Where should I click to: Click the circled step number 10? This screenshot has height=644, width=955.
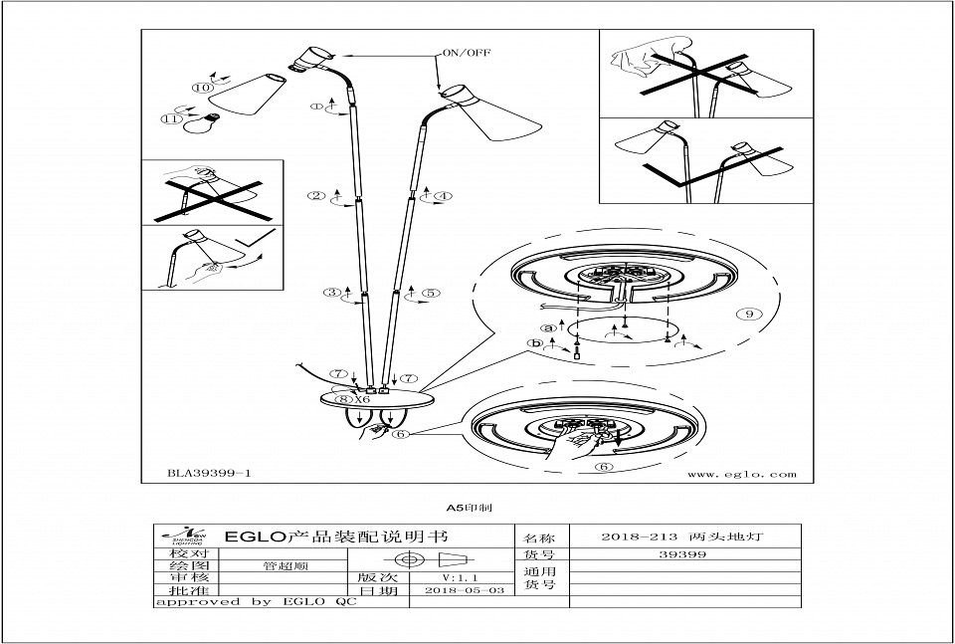(x=203, y=88)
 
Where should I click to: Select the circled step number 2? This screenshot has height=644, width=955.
(x=316, y=196)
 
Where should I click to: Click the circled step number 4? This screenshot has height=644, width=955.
(x=443, y=196)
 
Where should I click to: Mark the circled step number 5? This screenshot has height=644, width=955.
(x=431, y=294)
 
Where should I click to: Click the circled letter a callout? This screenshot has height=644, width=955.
(x=546, y=326)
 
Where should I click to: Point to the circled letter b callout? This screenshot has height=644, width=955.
(x=538, y=344)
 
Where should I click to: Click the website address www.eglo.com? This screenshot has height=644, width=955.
(x=742, y=475)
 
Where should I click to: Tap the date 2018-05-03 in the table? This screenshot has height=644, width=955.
(x=464, y=590)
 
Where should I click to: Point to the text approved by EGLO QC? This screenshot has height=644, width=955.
(x=255, y=602)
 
